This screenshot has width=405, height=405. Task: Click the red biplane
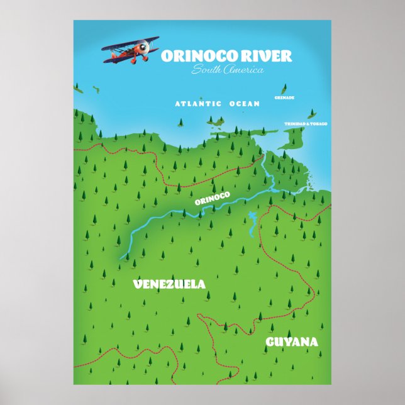tap(131, 50)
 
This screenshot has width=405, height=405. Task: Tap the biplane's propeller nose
tap(146, 46)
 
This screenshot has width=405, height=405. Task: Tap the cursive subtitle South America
tap(228, 70)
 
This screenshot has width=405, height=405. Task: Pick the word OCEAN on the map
tap(244, 104)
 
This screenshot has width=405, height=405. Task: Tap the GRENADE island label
tap(284, 98)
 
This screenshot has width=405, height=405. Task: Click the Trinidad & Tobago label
tap(306, 124)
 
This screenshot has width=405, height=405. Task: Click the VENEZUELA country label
tap(169, 284)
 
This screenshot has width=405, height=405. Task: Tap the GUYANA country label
tap(291, 342)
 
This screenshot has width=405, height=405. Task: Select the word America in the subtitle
tap(245, 70)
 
